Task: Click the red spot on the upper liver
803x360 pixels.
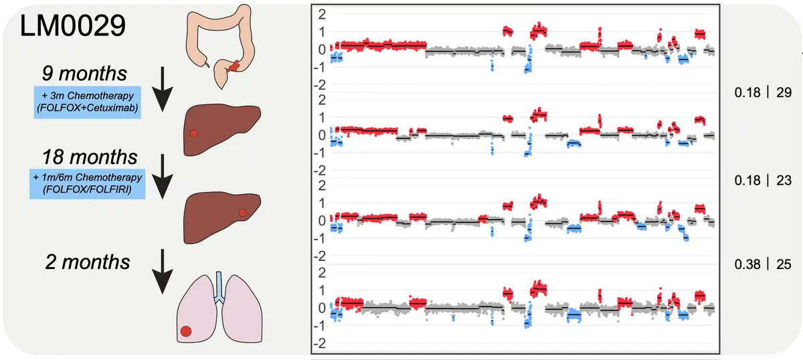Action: [x=194, y=134]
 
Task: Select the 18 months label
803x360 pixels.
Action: [x=81, y=158]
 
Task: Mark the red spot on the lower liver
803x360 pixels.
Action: [x=243, y=212]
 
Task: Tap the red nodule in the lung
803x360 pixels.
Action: [x=186, y=331]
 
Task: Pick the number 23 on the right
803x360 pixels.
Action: [x=784, y=181]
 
